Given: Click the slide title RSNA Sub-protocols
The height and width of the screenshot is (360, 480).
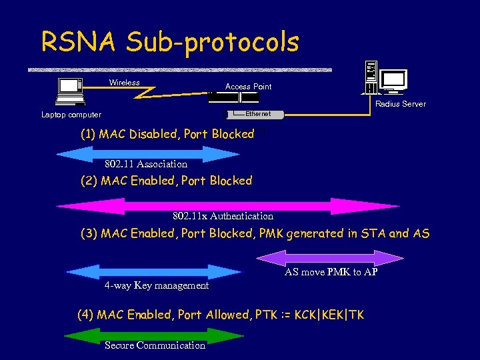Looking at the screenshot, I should click(170, 42).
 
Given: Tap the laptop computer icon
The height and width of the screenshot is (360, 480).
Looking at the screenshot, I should click(69, 91).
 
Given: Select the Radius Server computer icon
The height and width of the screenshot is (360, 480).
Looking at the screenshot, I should click(386, 79).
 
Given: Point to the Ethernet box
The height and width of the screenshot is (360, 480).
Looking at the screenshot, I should click(256, 114).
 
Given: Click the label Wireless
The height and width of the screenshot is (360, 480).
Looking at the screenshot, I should click(125, 83).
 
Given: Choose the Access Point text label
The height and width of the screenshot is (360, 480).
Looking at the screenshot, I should click(248, 87).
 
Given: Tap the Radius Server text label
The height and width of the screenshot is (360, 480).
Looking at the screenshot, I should click(400, 104).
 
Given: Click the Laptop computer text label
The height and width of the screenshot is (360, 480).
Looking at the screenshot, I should click(71, 115).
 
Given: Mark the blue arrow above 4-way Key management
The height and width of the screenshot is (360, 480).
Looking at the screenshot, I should click(153, 272).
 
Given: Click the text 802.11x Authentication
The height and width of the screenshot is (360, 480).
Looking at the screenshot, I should click(223, 216).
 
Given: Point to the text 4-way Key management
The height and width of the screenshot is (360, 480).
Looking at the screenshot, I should click(157, 285).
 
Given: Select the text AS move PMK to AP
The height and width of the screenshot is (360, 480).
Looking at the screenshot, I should click(331, 272).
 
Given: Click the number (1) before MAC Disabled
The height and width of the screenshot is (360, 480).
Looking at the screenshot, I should click(88, 134).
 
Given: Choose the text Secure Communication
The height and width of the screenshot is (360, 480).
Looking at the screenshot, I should click(155, 345).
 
